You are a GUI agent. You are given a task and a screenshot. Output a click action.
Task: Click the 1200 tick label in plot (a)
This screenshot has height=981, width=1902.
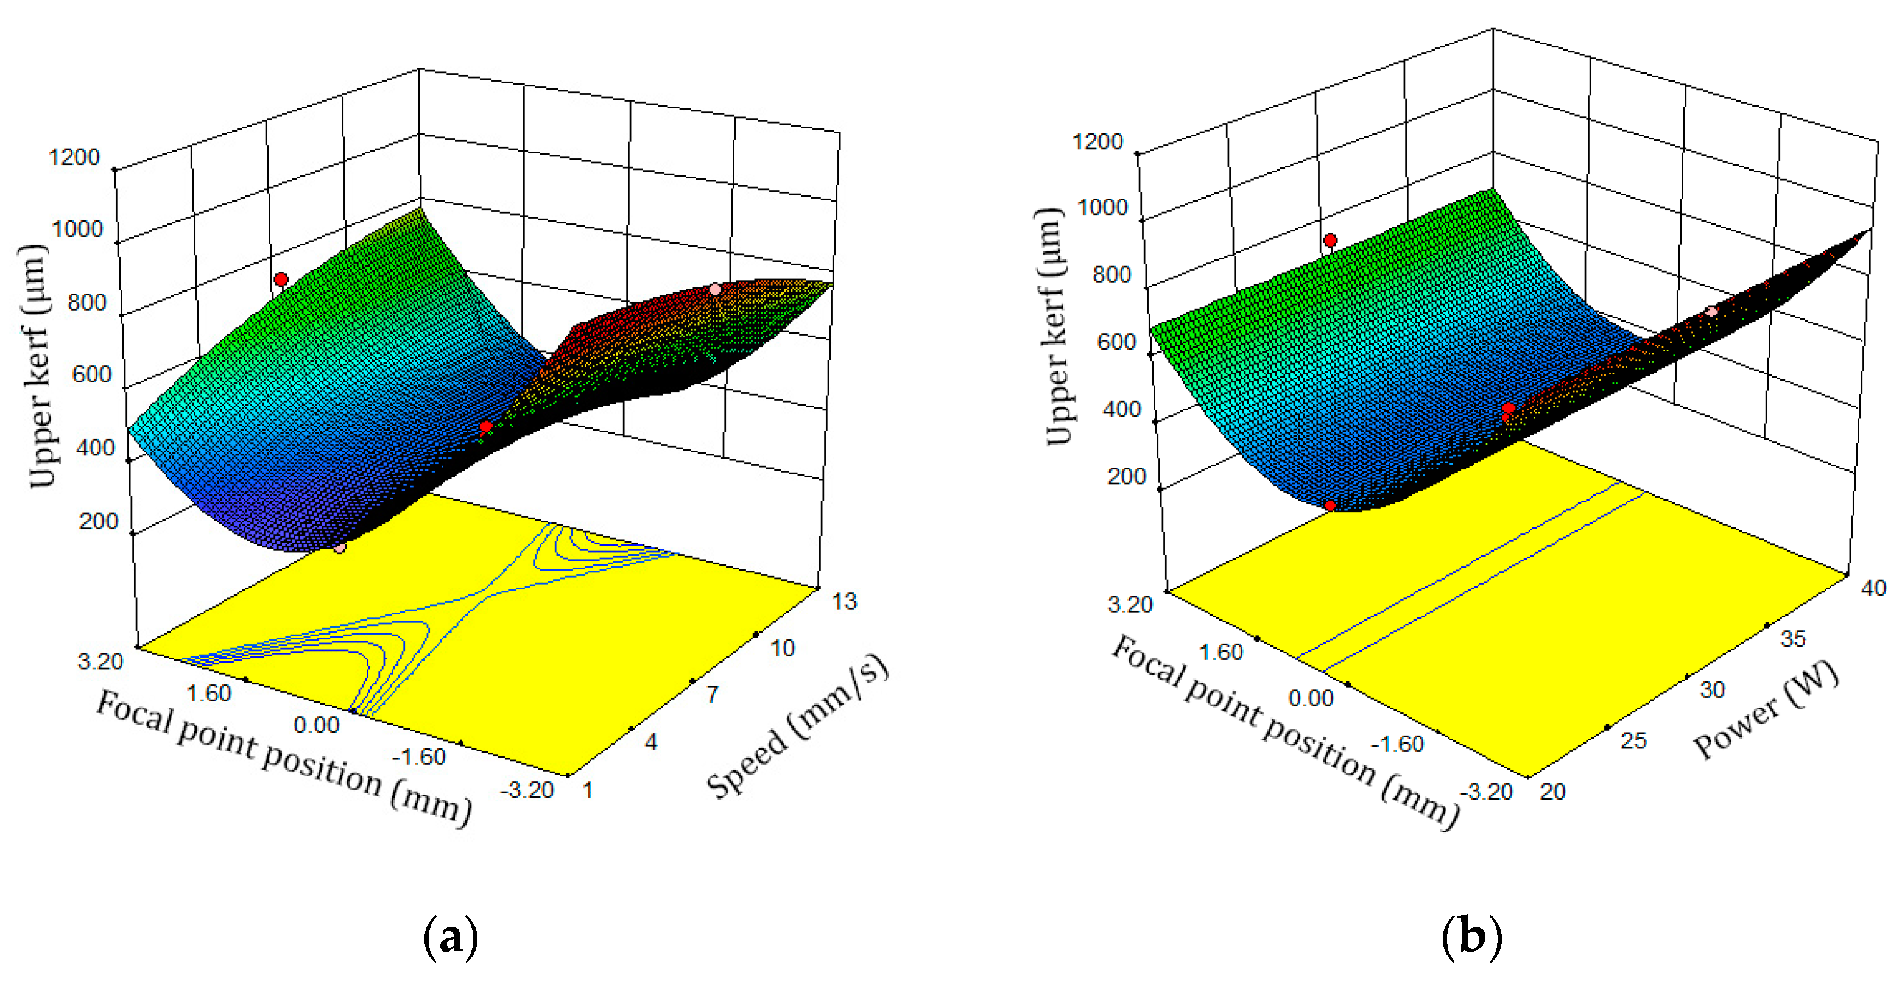pyautogui.click(x=74, y=157)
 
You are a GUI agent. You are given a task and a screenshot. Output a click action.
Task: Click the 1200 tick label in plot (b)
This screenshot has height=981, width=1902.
pyautogui.click(x=1097, y=141)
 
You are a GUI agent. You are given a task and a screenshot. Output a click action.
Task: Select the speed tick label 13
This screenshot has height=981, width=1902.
pyautogui.click(x=845, y=602)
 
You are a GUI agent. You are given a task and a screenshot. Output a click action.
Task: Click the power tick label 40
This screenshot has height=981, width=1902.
pyautogui.click(x=1873, y=588)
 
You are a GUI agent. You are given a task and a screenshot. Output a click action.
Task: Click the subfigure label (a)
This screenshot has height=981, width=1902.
pyautogui.click(x=451, y=937)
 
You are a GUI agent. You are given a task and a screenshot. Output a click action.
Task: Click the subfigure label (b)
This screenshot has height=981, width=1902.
pyautogui.click(x=1471, y=937)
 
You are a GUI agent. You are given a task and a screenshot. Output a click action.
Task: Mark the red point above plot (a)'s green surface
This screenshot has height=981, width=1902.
pyautogui.click(x=281, y=279)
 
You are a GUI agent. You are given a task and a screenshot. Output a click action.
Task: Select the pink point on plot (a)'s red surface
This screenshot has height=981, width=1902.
pyautogui.click(x=715, y=289)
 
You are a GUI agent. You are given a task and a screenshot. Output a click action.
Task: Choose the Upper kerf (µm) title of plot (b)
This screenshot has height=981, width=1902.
pyautogui.click(x=1054, y=327)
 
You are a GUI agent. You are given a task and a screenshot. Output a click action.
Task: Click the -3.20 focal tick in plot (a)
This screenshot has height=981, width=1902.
pyautogui.click(x=527, y=790)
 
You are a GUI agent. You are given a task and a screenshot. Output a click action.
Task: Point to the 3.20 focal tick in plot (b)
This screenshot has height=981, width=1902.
pyautogui.click(x=1130, y=605)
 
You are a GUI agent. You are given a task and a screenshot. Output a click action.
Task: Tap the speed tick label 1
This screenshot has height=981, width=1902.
pyautogui.click(x=588, y=790)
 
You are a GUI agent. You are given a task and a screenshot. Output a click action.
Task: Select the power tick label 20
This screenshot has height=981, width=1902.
pyautogui.click(x=1553, y=791)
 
